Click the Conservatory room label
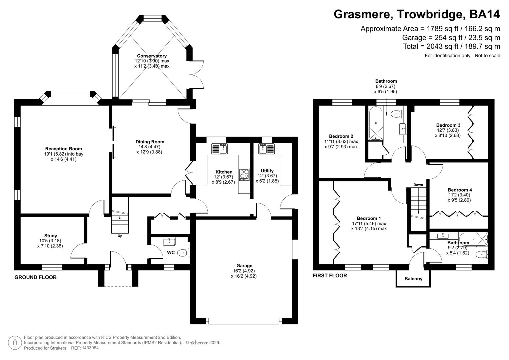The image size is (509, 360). (152, 56)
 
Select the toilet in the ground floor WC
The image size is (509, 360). (183, 253)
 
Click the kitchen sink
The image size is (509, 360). (219, 149)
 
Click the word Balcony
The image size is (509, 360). (413, 279)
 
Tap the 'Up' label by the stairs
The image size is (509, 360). (120, 236)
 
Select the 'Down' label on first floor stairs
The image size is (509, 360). (418, 185)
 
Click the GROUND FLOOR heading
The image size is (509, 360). (35, 277)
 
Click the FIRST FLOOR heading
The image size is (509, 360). (330, 276)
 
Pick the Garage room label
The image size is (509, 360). (244, 266)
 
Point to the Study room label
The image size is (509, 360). (51, 236)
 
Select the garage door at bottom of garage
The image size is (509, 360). (244, 321)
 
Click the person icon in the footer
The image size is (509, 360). (15, 342)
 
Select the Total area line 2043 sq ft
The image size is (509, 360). (451, 46)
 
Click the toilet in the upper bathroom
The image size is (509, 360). (396, 114)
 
